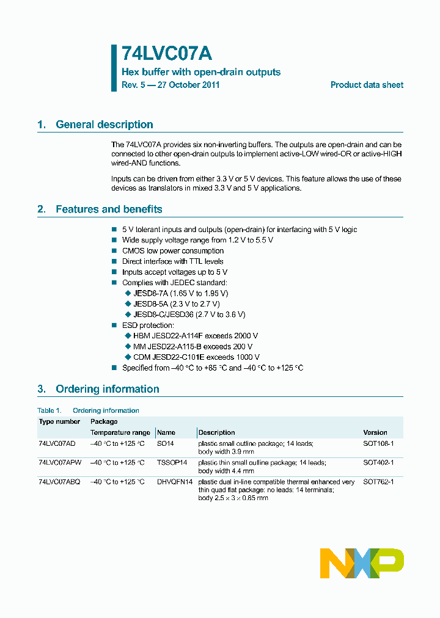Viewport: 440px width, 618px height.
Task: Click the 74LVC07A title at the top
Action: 167,54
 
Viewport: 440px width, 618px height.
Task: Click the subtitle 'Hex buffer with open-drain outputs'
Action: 201,72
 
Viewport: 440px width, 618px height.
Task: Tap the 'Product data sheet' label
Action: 367,85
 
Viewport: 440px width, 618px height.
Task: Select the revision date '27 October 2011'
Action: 188,85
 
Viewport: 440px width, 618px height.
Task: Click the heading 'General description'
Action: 104,125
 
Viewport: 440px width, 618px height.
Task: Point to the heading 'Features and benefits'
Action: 109,209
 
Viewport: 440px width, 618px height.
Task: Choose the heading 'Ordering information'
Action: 107,389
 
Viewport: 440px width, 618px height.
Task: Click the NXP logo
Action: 362,563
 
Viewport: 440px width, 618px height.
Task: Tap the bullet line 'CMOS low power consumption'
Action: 172,251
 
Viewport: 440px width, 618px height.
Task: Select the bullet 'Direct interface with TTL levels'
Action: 172,261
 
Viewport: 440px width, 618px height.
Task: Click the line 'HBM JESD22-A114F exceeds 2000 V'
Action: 195,336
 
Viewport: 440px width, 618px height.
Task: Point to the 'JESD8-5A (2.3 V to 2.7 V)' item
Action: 176,304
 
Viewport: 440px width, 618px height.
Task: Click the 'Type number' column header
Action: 59,421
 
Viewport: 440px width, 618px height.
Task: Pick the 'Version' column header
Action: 375,432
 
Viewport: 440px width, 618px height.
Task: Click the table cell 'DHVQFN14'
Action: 175,482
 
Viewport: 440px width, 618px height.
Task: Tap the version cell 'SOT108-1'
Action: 378,444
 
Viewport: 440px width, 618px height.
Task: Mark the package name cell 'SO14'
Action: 166,444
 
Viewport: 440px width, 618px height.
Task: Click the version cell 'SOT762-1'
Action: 378,482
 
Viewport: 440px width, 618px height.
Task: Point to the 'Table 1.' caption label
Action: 50,410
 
